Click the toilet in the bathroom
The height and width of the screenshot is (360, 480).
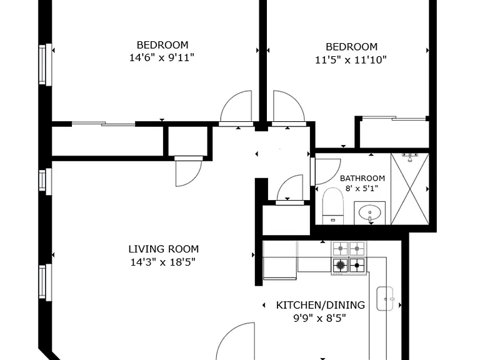[333, 206]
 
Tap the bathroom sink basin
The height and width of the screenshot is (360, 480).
[370, 211]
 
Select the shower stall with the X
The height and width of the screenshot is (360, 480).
[410, 189]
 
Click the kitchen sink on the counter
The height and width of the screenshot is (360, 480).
[385, 299]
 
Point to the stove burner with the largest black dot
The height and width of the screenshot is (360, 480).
[341, 265]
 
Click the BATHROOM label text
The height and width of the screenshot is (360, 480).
[362, 178]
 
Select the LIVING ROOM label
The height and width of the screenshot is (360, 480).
[164, 249]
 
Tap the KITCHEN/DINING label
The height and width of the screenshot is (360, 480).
[321, 305]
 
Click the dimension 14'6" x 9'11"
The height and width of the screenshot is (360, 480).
[162, 57]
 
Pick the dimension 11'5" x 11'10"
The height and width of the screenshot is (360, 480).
[351, 60]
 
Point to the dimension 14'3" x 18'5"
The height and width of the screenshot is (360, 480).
[163, 262]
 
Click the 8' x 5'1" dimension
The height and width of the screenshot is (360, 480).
[362, 188]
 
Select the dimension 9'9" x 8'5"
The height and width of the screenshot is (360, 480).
[319, 319]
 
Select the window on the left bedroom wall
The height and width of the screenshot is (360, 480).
[45, 64]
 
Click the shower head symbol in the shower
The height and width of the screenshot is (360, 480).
[409, 157]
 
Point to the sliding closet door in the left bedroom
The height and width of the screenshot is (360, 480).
[104, 124]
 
